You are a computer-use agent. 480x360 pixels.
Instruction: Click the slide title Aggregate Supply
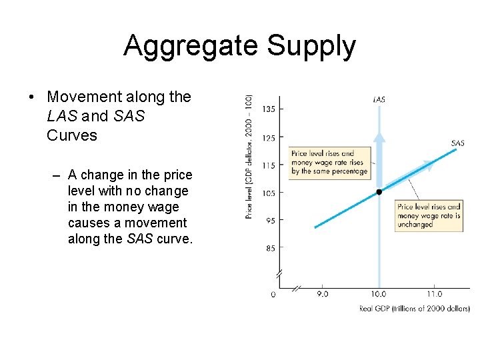pyautogui.click(x=239, y=46)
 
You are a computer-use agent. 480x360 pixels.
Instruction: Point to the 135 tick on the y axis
pyautogui.click(x=268, y=109)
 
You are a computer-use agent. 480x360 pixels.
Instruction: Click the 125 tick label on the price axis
pyautogui.click(x=268, y=138)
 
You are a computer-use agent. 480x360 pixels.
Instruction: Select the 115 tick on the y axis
pyautogui.click(x=268, y=165)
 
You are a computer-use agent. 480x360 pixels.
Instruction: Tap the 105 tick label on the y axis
pyautogui.click(x=268, y=193)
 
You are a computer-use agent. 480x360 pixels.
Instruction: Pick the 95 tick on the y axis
pyautogui.click(x=269, y=221)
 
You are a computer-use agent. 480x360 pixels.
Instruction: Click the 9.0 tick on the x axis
pyautogui.click(x=322, y=294)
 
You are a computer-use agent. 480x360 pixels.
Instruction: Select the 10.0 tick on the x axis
pyautogui.click(x=378, y=294)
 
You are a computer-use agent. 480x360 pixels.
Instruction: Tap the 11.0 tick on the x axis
pyautogui.click(x=434, y=294)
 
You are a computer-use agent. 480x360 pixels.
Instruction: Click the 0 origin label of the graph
pyautogui.click(x=273, y=294)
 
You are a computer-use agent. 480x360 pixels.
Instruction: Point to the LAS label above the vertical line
pyautogui.click(x=379, y=99)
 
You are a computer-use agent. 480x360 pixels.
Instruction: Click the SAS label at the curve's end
pyautogui.click(x=458, y=143)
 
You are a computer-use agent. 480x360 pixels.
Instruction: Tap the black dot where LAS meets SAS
pyautogui.click(x=379, y=192)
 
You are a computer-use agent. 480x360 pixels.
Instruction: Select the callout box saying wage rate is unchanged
pyautogui.click(x=429, y=216)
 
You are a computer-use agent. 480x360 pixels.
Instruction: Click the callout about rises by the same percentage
pyautogui.click(x=329, y=162)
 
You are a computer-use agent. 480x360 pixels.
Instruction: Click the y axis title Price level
pyautogui.click(x=249, y=155)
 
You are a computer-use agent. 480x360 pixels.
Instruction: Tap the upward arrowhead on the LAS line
pyautogui.click(x=379, y=137)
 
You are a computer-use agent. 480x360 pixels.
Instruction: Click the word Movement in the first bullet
pyautogui.click(x=82, y=97)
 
